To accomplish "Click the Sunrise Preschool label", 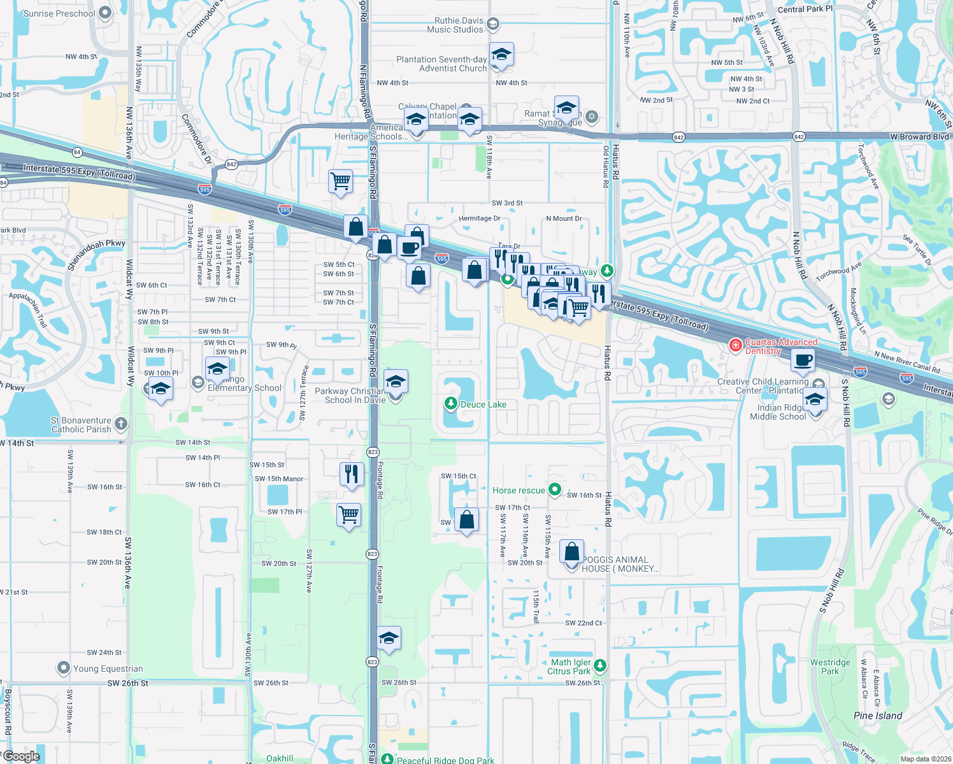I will [x=59, y=13].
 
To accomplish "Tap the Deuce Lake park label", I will [x=483, y=404].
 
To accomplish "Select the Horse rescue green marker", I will [x=555, y=490].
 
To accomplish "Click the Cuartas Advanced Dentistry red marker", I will [x=736, y=345].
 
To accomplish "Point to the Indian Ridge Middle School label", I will [x=778, y=412].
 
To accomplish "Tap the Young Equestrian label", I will [x=108, y=668].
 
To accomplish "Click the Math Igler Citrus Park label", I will [x=569, y=667].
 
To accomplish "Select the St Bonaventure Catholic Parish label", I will [x=81, y=425].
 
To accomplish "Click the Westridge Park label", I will [x=830, y=667].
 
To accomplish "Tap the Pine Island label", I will [x=877, y=716].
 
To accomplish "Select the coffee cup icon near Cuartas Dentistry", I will [x=803, y=360].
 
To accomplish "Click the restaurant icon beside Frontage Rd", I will [x=352, y=474].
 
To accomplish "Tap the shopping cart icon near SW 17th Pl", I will [x=349, y=515].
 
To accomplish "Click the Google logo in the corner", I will [x=21, y=756].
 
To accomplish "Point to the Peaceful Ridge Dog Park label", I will [x=445, y=760].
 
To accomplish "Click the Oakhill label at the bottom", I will [x=280, y=758].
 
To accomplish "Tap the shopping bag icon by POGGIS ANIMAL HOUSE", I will [x=572, y=551].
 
